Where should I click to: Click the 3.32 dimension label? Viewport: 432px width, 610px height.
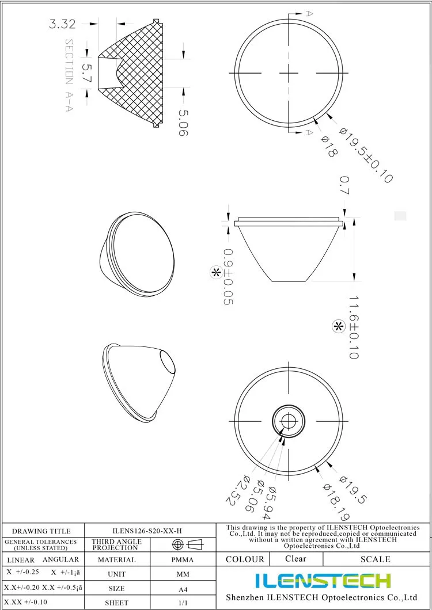62,24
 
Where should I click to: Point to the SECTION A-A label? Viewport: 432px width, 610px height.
69,75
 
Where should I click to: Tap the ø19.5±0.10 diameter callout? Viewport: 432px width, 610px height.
366,155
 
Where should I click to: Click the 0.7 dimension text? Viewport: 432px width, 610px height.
344,186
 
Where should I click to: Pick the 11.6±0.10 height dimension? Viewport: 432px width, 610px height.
354,328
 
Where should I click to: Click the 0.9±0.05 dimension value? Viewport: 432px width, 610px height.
228,277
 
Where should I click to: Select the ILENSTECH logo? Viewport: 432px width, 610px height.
323,580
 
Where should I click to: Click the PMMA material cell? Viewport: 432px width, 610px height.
183,559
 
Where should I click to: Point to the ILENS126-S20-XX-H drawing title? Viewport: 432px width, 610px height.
150,531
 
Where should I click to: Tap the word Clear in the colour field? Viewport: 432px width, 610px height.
295,558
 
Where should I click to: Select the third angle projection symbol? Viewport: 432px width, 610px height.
188,544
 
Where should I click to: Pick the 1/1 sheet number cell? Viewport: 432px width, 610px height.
183,603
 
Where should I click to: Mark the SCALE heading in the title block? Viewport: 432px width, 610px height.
375,559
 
